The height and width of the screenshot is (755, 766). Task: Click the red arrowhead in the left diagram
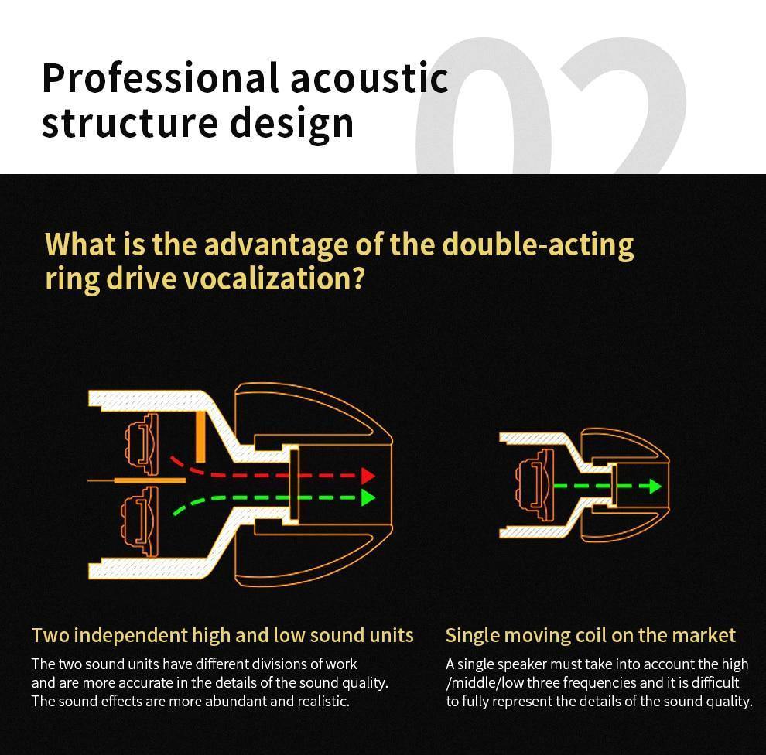coord(368,475)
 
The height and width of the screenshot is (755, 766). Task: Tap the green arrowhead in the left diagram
coord(368,497)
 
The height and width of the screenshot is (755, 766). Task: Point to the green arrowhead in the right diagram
coord(655,486)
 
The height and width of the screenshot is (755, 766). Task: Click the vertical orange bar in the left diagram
coord(200,436)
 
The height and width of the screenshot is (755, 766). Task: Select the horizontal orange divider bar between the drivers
coord(150,480)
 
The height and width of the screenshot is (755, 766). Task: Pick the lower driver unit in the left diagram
coord(140,521)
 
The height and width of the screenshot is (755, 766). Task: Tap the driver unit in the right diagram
coord(535,486)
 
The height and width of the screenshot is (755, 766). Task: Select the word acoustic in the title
coord(369,78)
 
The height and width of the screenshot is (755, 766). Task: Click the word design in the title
coord(291,124)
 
